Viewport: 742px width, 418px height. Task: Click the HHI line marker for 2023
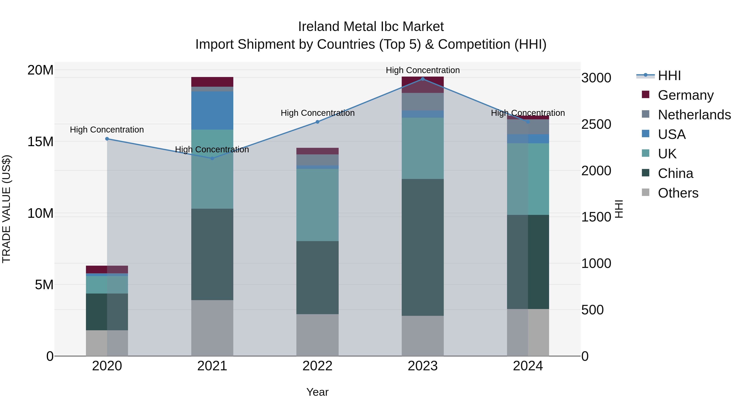pos(423,79)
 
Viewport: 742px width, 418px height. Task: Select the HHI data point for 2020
pos(107,139)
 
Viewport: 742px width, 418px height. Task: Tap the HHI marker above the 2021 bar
pos(212,158)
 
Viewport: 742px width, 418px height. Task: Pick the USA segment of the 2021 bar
pos(212,110)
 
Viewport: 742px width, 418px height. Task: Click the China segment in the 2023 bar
pos(423,247)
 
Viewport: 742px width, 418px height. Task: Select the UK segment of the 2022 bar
pos(317,205)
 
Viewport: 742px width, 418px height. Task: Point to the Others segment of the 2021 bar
pos(212,328)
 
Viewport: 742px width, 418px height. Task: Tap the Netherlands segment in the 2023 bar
pos(423,102)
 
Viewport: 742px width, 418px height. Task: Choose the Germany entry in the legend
pos(686,95)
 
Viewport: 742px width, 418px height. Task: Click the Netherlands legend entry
pos(694,115)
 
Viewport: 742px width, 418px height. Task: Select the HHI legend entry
pos(669,76)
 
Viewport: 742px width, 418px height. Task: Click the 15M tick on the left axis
pos(40,142)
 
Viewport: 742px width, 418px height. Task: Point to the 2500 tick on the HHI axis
pos(596,124)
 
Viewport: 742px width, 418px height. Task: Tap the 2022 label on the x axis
pos(317,366)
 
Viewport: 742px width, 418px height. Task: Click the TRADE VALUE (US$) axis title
pos(6,209)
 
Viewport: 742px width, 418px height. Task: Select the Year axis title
pos(317,392)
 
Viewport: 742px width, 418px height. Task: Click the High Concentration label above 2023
pos(423,70)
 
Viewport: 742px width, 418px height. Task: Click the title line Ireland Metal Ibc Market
pos(371,27)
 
